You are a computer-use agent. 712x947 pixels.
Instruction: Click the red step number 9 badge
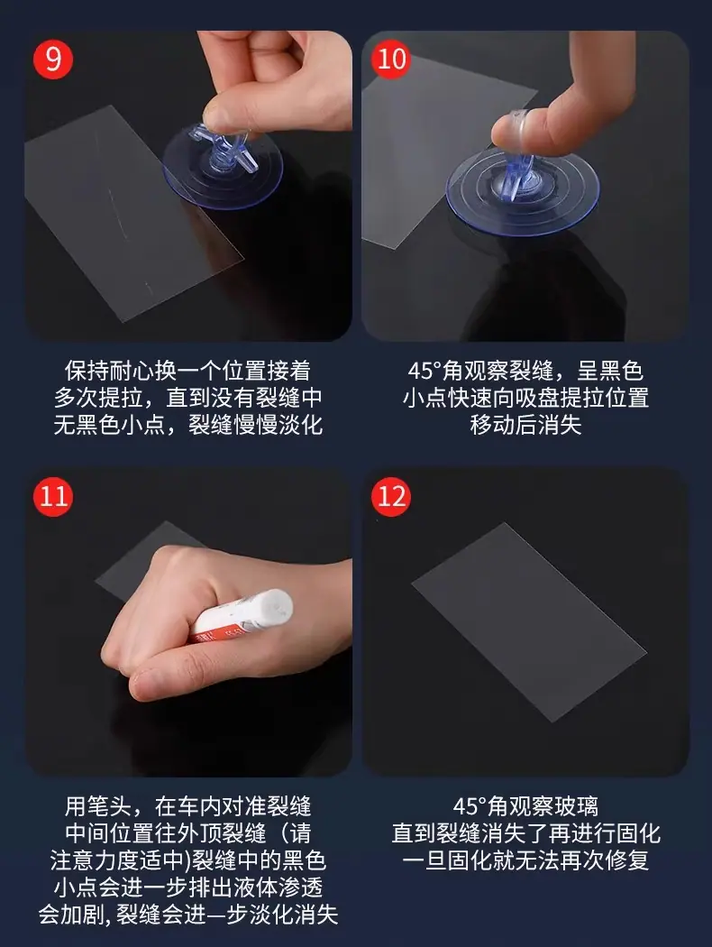[53, 60]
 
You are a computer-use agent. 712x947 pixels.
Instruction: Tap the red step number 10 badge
[391, 60]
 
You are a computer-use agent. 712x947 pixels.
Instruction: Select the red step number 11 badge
[53, 496]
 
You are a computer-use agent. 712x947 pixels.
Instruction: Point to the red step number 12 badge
[391, 496]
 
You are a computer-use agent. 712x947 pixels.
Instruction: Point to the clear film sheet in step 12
[528, 622]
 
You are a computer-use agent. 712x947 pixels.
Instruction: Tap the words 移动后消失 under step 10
[525, 425]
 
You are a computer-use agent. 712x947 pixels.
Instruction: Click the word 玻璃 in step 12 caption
[576, 806]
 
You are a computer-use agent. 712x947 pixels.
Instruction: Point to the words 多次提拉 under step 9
[97, 398]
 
